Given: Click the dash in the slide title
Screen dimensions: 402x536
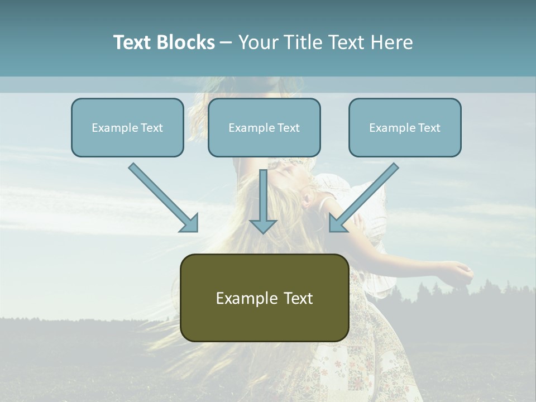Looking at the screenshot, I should [226, 43].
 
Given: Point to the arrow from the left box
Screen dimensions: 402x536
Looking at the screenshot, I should [162, 196].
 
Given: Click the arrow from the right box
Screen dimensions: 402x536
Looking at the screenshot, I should [365, 196].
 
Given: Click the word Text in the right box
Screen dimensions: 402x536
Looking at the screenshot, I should [429, 128].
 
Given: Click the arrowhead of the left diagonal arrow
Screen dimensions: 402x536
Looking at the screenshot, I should [190, 223].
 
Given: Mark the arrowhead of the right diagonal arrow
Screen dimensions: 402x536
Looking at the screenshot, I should [337, 223].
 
